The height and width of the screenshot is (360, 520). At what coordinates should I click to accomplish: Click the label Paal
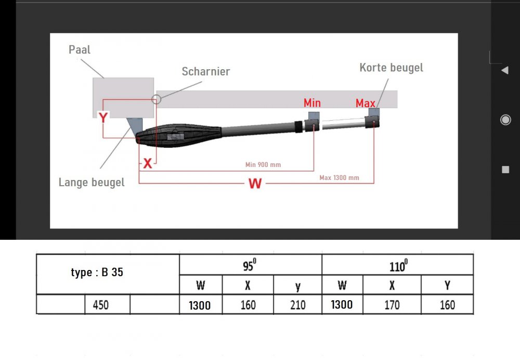tap(80, 50)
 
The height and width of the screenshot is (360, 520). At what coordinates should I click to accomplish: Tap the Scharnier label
tap(205, 72)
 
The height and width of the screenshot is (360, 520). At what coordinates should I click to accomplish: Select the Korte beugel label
tap(391, 68)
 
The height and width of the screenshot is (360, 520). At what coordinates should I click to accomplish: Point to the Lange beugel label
tap(92, 183)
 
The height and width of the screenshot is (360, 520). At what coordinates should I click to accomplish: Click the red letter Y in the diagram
tap(103, 118)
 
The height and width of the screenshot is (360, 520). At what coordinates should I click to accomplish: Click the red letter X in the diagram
tap(148, 164)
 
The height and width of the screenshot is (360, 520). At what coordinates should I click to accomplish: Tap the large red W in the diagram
tap(255, 183)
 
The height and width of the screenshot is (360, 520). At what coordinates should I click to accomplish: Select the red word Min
tap(312, 103)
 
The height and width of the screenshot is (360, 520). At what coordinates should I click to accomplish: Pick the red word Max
tap(365, 104)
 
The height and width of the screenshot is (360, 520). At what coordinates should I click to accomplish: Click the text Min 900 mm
tap(263, 165)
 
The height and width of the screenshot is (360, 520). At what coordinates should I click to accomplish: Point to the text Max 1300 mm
tap(339, 178)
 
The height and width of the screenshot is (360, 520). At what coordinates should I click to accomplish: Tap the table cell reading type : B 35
tap(97, 273)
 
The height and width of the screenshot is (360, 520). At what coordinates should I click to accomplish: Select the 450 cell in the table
tap(100, 305)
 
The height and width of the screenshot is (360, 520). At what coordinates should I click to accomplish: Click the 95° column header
tap(250, 266)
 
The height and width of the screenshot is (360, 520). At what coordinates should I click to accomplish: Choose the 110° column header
tap(397, 266)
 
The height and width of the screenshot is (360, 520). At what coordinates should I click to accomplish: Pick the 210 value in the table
tap(297, 305)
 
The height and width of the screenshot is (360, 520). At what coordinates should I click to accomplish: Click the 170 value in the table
tap(392, 305)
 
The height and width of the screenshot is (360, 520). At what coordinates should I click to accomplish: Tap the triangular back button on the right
tap(504, 70)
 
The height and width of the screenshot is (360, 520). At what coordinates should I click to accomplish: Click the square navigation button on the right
tap(505, 170)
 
